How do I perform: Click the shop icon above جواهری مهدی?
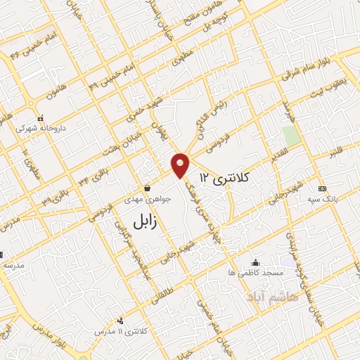[146, 188]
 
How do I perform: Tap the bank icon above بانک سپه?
[322, 188]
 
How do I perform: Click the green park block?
[290, 136]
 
